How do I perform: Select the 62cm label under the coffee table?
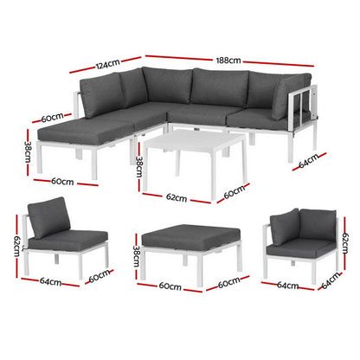176,198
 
